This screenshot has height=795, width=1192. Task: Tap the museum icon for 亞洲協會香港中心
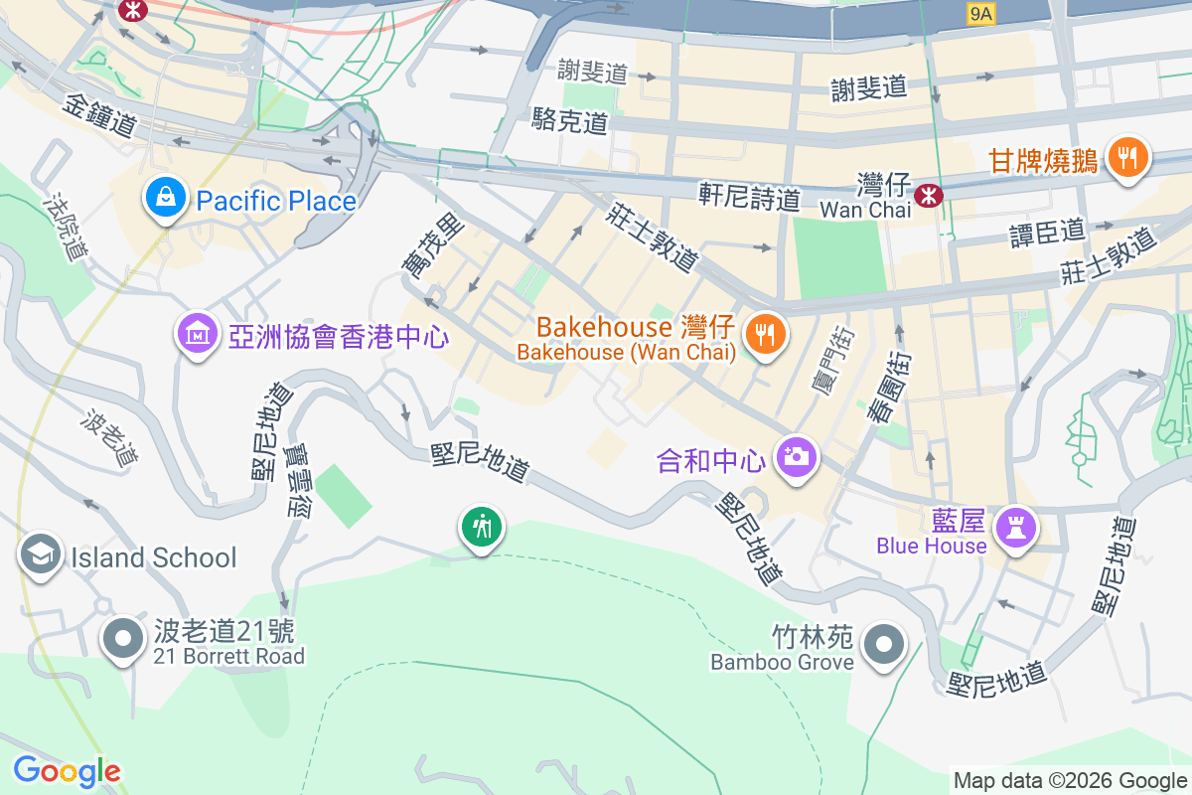(197, 334)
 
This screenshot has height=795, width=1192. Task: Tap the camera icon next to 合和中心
(796, 457)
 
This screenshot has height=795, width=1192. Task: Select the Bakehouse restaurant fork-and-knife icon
(765, 334)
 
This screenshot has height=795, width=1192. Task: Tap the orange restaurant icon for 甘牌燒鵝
(1126, 157)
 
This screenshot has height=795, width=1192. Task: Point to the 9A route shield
(980, 13)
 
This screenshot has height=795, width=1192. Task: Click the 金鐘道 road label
(100, 115)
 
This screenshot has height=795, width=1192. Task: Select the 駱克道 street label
(569, 121)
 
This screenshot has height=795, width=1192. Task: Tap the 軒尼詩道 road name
(749, 195)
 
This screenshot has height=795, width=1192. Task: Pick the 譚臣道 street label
(1047, 233)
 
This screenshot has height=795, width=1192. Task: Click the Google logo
(67, 770)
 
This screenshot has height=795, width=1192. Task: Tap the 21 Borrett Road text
(228, 656)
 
